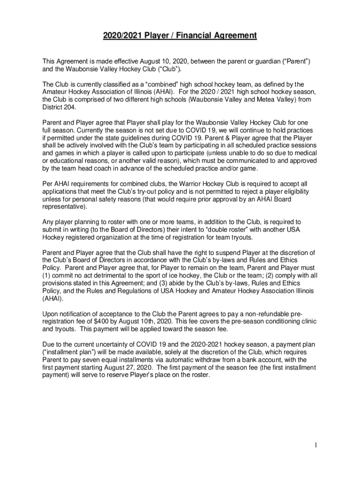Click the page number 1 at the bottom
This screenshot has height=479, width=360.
pos(316,445)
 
